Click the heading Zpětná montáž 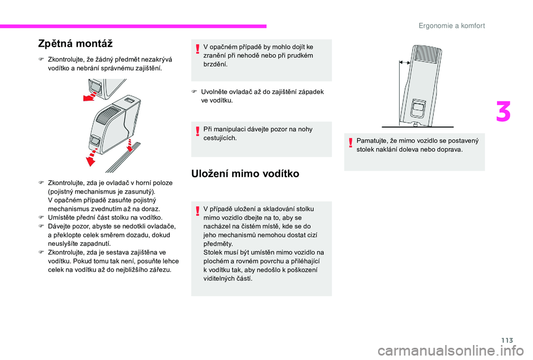(x=75, y=44)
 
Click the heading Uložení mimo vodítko (x=245, y=174)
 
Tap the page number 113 (x=507, y=340)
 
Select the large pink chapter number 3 (x=503, y=111)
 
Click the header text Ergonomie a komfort (x=451, y=26)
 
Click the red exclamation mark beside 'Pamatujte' (x=350, y=144)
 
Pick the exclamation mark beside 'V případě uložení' (x=198, y=211)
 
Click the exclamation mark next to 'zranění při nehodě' (x=198, y=49)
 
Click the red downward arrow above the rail (x=129, y=145)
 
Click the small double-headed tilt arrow (x=405, y=63)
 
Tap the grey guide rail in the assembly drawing (x=123, y=158)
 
